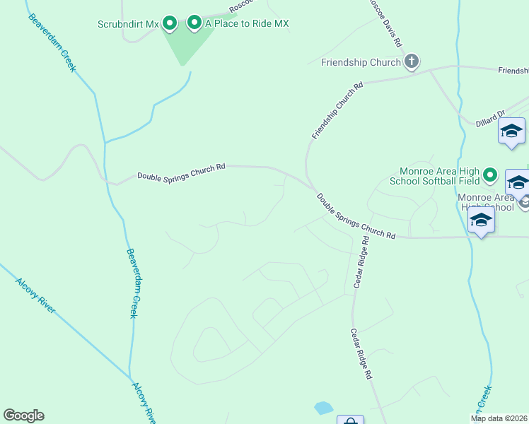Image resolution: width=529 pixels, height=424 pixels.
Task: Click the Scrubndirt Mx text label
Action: click(128, 24)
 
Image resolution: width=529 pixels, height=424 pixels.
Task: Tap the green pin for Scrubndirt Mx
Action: click(170, 24)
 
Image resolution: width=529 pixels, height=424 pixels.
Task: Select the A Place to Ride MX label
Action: click(247, 24)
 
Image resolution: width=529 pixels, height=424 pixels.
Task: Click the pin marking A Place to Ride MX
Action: click(194, 23)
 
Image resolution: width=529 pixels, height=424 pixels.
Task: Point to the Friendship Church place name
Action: click(361, 62)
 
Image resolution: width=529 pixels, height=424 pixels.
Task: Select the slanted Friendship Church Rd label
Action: click(337, 110)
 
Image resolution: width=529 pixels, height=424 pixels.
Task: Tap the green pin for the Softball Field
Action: click(490, 175)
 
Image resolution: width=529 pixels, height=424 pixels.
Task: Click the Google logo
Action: click(23, 416)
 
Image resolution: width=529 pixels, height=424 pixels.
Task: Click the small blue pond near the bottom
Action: click(323, 408)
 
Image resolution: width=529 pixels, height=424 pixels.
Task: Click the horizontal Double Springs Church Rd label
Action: click(181, 172)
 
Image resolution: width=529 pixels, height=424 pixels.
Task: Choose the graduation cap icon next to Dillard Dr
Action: click(511, 131)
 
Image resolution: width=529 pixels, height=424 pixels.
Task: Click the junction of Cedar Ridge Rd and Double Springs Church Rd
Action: click(351, 236)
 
